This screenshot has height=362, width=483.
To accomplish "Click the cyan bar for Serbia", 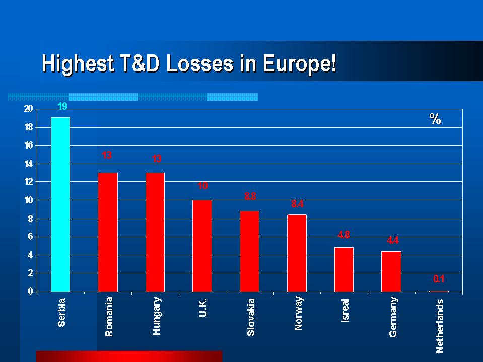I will click(x=60, y=204).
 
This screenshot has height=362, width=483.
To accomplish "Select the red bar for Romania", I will click(x=107, y=232).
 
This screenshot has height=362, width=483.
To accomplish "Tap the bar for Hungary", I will click(x=155, y=232).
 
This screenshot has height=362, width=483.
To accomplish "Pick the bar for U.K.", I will click(x=202, y=245).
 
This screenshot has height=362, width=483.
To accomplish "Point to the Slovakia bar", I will click(x=249, y=251).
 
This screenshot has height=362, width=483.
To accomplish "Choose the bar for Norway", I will click(x=297, y=253).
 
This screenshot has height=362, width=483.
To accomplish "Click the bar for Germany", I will click(x=391, y=271).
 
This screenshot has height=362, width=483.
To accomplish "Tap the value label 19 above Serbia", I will click(x=62, y=106).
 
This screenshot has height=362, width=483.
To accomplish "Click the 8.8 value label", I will click(x=250, y=196).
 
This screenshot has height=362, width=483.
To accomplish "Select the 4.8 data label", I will click(x=344, y=234).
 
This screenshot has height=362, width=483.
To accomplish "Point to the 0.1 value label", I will click(x=439, y=278).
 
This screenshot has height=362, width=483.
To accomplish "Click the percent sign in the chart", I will click(x=435, y=119).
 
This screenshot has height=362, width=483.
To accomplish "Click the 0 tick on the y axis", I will click(x=30, y=292).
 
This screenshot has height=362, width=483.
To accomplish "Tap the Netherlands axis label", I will click(x=440, y=325).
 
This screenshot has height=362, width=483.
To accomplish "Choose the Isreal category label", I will click(x=345, y=310).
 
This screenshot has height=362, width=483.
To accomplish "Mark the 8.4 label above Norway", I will click(x=297, y=204).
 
